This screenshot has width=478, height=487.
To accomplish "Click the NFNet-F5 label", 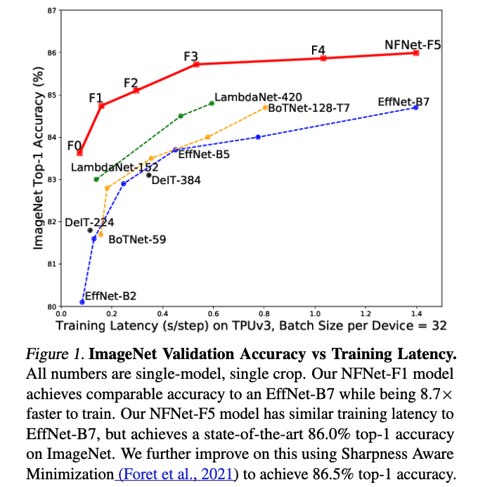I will click(x=413, y=44).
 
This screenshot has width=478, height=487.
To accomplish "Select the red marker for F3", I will click(x=196, y=64).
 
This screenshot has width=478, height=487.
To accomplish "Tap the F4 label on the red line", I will click(x=318, y=51).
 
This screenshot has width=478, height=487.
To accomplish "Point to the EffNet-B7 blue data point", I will click(x=416, y=108).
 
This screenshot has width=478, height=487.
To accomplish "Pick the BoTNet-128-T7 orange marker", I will click(x=266, y=108).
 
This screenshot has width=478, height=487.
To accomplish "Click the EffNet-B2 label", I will click(x=110, y=296).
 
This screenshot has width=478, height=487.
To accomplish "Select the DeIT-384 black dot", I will click(x=148, y=175).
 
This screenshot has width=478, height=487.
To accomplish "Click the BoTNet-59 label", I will click(x=137, y=240).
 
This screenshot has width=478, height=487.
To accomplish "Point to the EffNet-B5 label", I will click(x=204, y=155).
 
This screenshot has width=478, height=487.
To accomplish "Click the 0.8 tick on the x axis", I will click(x=264, y=313).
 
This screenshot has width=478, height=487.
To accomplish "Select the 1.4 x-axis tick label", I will click(x=416, y=313).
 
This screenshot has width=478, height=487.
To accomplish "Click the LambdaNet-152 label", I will click(x=115, y=167).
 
